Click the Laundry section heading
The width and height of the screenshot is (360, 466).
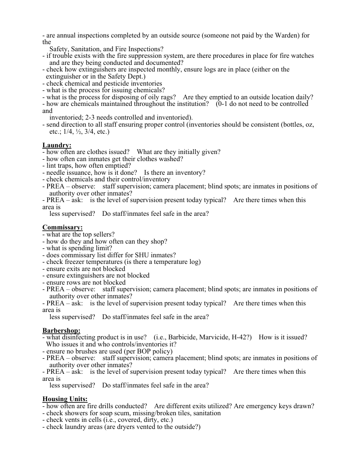pyautogui.click(x=57, y=145)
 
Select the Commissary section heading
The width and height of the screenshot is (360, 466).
pyautogui.click(x=62, y=227)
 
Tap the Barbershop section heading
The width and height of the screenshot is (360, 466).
pyautogui.click(x=61, y=331)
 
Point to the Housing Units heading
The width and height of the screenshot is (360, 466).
pyautogui.click(x=65, y=399)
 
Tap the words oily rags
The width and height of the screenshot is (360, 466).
pyautogui.click(x=162, y=97)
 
